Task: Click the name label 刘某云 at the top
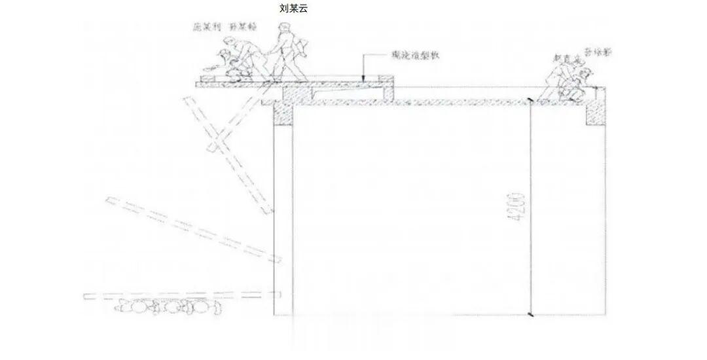click(294, 9)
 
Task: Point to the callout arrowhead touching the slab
click(365, 79)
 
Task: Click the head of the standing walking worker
click(283, 28)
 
